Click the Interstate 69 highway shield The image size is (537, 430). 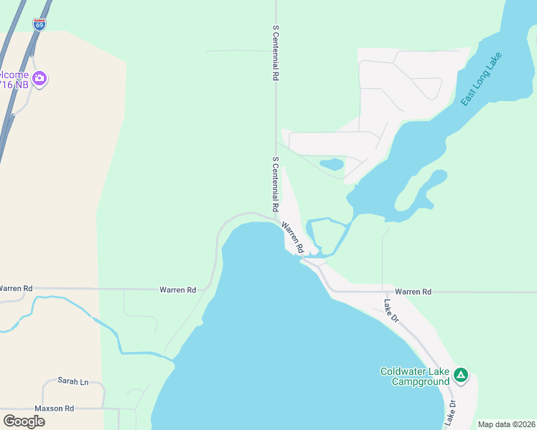click(x=39, y=24)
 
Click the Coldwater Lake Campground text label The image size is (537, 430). click(x=415, y=376)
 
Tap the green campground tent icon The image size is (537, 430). click(x=460, y=374)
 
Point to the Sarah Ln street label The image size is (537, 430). click(x=73, y=382)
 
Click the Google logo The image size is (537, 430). click(x=24, y=421)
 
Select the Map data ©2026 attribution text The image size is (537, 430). click(x=506, y=424)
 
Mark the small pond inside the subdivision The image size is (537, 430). click(x=332, y=164)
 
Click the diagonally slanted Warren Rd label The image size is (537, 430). click(x=293, y=237)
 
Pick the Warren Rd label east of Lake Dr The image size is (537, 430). click(x=413, y=292)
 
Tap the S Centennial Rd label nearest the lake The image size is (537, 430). click(x=275, y=184)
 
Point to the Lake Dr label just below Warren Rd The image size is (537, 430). click(x=391, y=310)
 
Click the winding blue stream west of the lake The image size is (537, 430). click(x=86, y=315)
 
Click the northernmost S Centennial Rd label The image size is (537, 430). click(x=275, y=53)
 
